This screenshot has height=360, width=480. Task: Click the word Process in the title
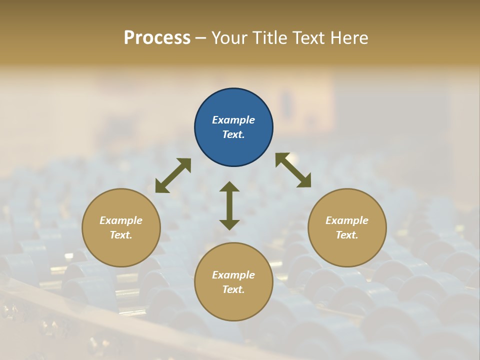[x=157, y=38]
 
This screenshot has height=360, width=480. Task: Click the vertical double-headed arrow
[x=229, y=205]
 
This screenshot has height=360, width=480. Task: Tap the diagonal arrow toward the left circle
[x=173, y=175]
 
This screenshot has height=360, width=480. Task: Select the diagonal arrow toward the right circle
[x=293, y=170]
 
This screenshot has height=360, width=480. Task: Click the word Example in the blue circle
[x=233, y=120]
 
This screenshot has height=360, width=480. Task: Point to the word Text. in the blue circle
[x=233, y=134]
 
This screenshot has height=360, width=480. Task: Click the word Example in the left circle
[x=121, y=220]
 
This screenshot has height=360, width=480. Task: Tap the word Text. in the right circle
[x=347, y=235]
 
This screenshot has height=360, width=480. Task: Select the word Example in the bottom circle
[x=233, y=275]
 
